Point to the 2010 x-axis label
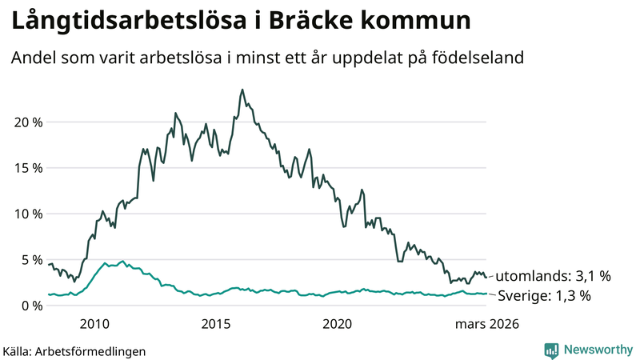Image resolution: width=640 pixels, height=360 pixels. click(x=94, y=324)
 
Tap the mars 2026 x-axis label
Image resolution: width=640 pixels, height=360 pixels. click(x=487, y=324)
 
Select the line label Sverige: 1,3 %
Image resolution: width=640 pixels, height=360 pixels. click(x=544, y=296)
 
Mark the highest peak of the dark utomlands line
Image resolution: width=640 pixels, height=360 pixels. click(x=242, y=90)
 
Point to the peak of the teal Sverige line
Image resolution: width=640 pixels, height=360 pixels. click(x=122, y=261)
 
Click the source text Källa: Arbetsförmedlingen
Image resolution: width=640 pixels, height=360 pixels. click(x=74, y=350)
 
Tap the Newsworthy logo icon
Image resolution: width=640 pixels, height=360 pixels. click(x=551, y=350)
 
